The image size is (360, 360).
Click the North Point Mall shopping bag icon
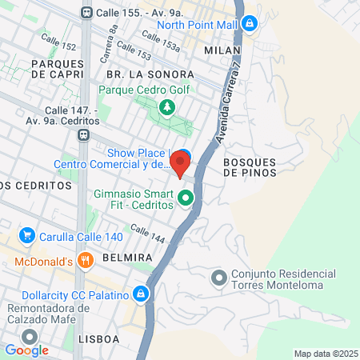click(x=250, y=24)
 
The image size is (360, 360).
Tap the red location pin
click(x=180, y=165)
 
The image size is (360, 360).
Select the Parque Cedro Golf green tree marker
click(x=166, y=107)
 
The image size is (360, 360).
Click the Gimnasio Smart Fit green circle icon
click(x=186, y=198)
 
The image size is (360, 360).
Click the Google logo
click(x=26, y=350)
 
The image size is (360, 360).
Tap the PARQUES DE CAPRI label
click(x=57, y=68)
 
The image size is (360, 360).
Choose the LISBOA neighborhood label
click(x=99, y=339)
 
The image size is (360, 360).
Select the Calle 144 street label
click(x=146, y=234)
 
